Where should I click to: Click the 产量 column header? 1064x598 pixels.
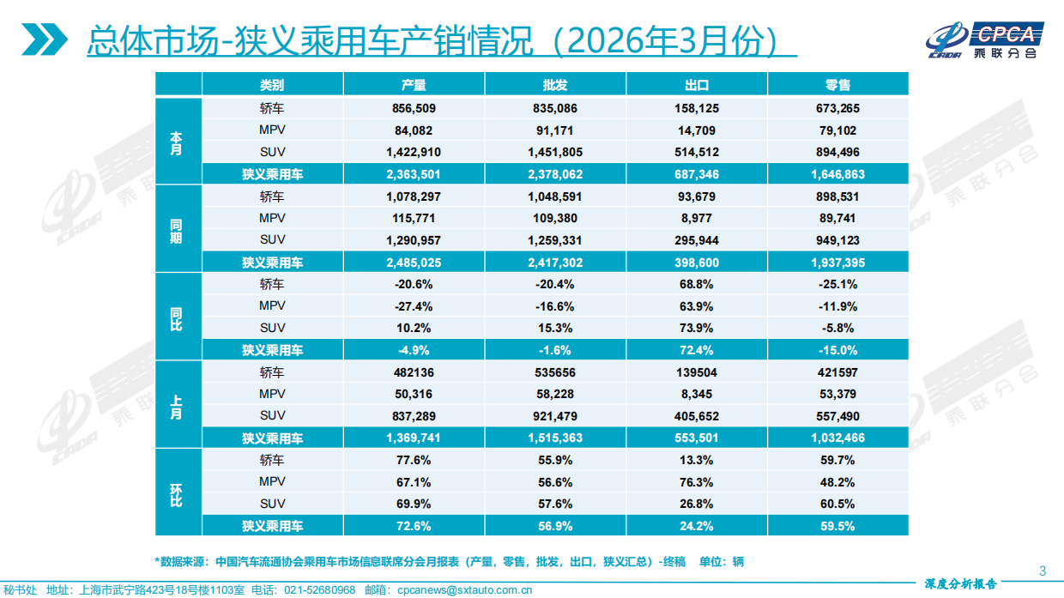coord(414,85)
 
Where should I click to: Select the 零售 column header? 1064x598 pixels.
coord(837,85)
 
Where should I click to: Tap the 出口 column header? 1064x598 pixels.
coord(697,85)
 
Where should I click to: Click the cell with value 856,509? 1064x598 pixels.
coord(414,109)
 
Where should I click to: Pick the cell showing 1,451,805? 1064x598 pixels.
coord(555,152)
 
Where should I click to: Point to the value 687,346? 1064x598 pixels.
coord(697,174)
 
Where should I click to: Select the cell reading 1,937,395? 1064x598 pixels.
coord(837,263)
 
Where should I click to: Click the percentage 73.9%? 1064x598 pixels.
coord(697,328)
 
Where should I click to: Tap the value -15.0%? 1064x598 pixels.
coord(837,350)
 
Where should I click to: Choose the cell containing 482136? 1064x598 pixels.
coord(414,372)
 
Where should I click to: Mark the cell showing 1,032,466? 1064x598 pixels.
coord(837,438)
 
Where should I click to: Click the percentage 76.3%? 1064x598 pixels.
coord(697,482)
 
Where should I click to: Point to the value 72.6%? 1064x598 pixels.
coord(414,526)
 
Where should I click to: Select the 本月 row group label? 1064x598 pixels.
coord(177,142)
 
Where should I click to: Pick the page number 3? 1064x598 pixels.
coord(1042,571)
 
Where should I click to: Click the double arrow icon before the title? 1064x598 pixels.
coord(45,39)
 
